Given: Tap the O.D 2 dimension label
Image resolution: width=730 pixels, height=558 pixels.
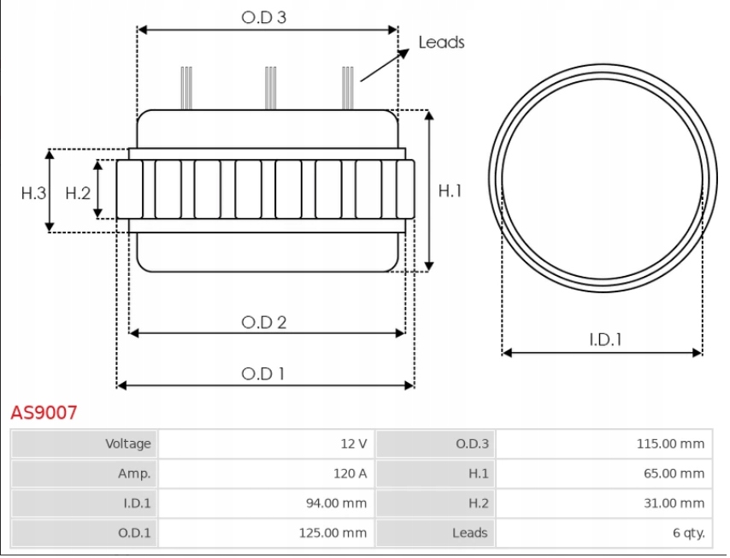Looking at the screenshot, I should point(263,322).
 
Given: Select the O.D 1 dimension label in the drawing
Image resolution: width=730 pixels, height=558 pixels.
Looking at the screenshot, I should point(263,373).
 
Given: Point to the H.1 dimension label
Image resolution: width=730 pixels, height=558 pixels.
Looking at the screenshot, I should point(450,191).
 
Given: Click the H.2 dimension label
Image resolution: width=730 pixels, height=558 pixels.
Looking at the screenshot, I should point(78,193).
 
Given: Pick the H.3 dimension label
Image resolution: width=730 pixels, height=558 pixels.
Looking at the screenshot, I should point(33,193).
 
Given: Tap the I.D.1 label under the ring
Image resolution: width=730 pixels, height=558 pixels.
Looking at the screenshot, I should point(605,339).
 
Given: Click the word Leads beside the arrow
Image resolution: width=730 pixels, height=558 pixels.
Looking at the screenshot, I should point(441,42).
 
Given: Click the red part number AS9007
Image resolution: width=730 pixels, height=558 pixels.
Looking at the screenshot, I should point(44,413).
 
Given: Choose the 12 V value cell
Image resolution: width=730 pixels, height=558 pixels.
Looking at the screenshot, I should point(353,443).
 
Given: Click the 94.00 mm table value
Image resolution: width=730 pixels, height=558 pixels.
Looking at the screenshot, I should point(336,503).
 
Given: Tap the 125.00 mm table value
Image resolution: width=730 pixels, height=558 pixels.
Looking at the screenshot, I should point(333,532).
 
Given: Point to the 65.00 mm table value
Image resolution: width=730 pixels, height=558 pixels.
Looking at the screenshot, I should point(674,473).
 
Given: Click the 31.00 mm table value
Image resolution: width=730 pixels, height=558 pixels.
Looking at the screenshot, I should point(674,503).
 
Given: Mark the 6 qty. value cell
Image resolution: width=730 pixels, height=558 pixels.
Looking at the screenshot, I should point(688,532).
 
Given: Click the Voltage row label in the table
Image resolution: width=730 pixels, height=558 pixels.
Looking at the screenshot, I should point(127,443).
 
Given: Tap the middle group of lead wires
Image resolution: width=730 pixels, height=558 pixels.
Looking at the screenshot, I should point(270,88).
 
